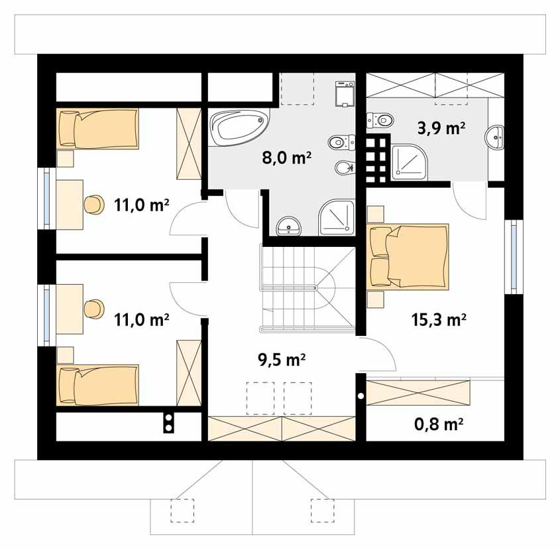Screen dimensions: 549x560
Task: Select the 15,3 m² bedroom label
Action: (x=436, y=320)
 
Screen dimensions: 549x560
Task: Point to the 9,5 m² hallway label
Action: (x=281, y=360)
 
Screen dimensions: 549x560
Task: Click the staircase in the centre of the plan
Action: (x=306, y=287)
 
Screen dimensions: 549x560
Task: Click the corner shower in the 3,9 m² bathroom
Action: (x=410, y=162)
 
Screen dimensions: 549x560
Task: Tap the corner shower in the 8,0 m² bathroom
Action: (x=338, y=218)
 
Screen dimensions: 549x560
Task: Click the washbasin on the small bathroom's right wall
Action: (x=495, y=138)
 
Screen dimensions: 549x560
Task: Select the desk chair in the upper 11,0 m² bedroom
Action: (x=93, y=204)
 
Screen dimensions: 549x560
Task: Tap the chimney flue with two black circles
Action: (x=169, y=422)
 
